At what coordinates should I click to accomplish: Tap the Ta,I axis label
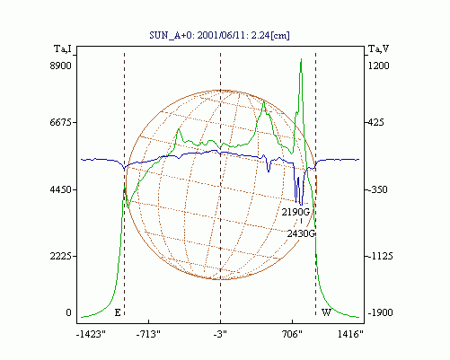click(63, 48)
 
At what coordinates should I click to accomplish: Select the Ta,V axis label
click(378, 48)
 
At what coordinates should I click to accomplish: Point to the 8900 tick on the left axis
click(61, 66)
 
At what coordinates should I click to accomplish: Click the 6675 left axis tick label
click(61, 122)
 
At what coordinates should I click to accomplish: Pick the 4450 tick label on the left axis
click(61, 189)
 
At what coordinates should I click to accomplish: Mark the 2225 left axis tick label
click(61, 256)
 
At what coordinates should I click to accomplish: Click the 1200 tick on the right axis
click(378, 66)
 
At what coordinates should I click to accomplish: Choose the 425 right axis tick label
click(375, 122)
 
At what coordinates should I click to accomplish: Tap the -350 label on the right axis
click(377, 189)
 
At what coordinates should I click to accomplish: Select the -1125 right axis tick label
click(380, 256)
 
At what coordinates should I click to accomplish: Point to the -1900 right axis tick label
click(380, 312)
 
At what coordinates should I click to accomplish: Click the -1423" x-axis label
click(91, 334)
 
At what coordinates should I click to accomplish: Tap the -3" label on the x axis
click(220, 334)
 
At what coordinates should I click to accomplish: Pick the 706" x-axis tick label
click(292, 334)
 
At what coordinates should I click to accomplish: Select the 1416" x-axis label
click(350, 334)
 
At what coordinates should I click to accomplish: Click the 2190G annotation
click(296, 212)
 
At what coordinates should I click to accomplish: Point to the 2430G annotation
click(302, 233)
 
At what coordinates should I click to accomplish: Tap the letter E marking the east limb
click(118, 312)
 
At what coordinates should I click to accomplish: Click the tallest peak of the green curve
click(301, 59)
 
